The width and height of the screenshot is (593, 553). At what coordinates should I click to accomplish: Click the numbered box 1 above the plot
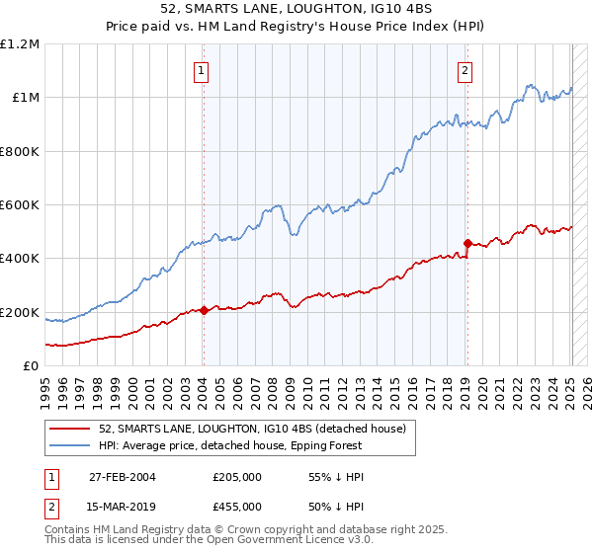pos(202,70)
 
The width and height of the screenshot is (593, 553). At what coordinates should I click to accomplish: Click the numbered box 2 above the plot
pos(465,70)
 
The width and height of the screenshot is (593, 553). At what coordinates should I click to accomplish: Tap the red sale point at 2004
pos(204,311)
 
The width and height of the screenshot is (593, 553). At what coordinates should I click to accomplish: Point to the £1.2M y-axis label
pos(20,44)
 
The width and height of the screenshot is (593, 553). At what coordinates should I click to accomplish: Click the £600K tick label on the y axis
pos(19,205)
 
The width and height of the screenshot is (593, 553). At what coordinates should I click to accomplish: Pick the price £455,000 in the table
pos(237,507)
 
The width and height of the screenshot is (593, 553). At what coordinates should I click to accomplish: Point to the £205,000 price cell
pos(237,477)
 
